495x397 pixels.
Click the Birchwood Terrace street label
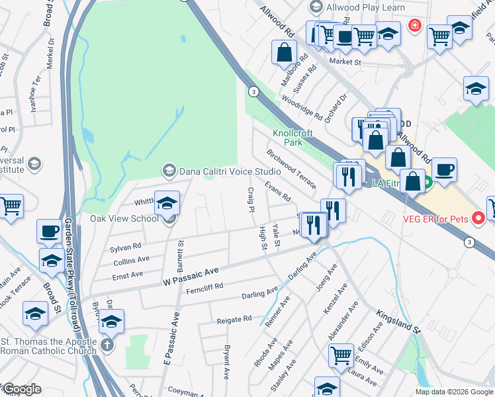click(292, 167)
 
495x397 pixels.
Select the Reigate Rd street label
click(234, 320)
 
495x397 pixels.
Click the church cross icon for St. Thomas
click(107, 345)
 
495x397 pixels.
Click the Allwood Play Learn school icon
click(315, 7)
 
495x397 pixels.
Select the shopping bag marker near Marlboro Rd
click(284, 53)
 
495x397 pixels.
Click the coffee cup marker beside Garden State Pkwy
click(48, 231)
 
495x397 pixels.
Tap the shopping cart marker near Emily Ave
click(341, 355)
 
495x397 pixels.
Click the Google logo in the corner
click(21, 388)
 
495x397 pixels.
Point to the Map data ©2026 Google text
click(454, 392)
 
